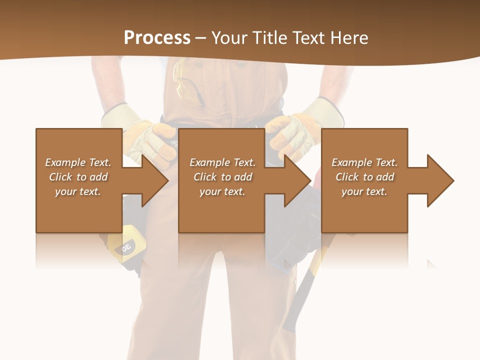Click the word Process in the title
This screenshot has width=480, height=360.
[x=157, y=38]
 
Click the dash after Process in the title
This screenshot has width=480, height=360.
[x=201, y=38]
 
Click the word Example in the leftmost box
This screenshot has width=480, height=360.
[x=65, y=162]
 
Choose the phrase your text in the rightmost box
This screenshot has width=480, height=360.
[x=364, y=191]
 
